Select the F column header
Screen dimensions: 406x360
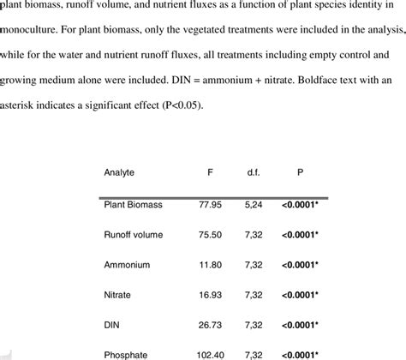click(x=211, y=171)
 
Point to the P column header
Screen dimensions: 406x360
click(x=300, y=171)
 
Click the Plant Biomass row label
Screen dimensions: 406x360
click(x=134, y=205)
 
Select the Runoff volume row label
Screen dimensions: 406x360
click(x=135, y=234)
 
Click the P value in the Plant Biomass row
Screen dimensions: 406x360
click(x=300, y=205)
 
